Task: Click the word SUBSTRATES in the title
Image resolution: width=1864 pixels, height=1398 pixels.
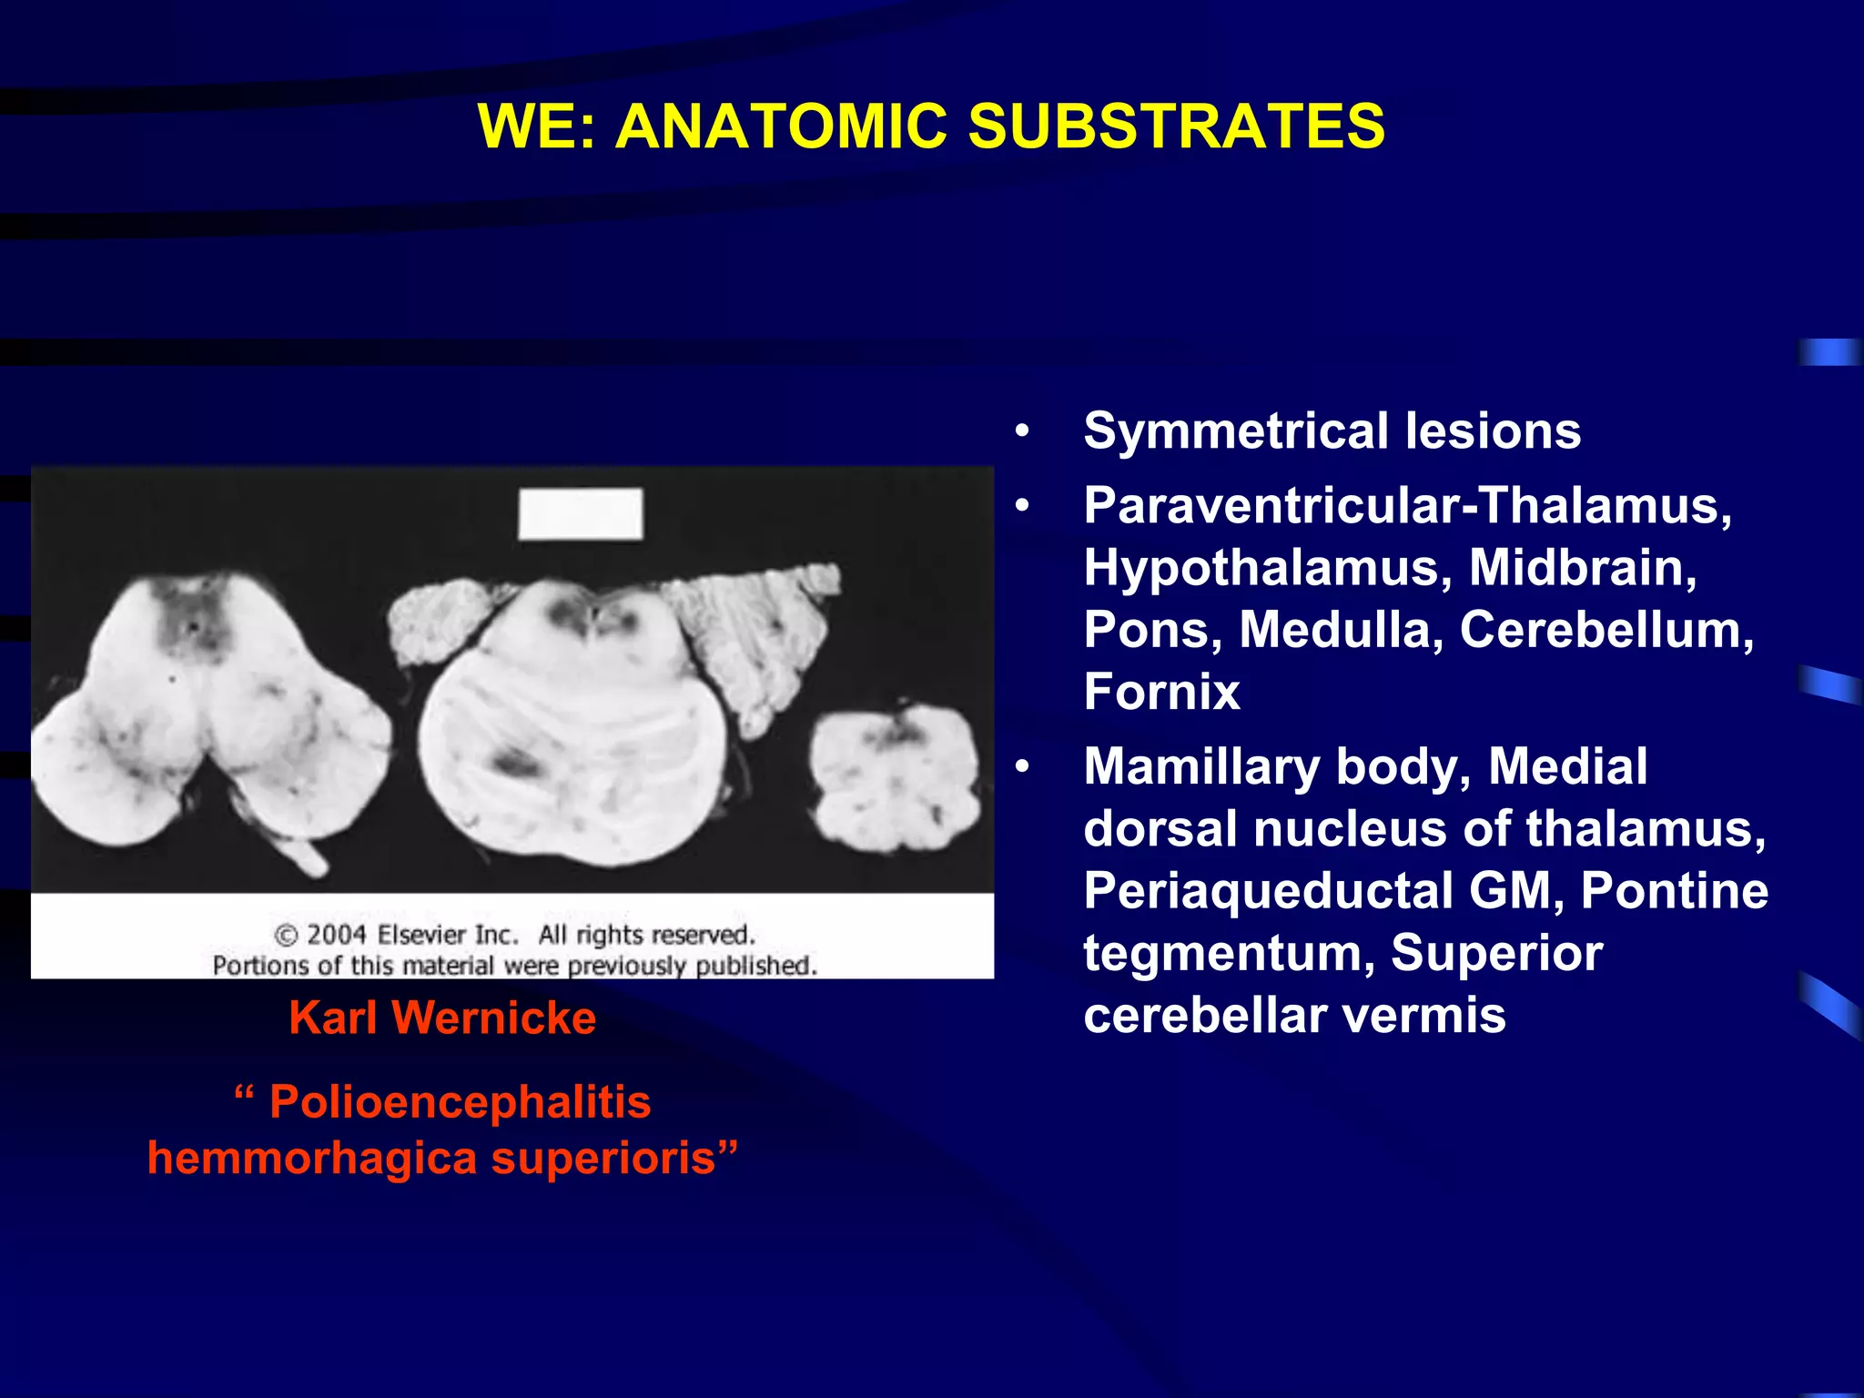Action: coord(1176,126)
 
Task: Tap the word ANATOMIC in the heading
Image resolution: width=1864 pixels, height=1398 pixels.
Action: coord(781,126)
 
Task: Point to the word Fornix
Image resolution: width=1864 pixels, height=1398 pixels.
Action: coord(1161,692)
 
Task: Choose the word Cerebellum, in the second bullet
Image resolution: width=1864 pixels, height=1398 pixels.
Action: coord(1606,630)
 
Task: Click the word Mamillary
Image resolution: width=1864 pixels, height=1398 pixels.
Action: coord(1201,766)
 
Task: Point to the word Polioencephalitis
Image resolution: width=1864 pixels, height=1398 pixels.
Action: coord(461,1102)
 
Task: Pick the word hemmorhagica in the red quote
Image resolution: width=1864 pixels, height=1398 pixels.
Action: coord(312,1159)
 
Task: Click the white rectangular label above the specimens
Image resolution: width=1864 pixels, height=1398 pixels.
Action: coord(581,513)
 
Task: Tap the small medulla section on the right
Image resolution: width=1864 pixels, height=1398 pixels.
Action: coord(895,779)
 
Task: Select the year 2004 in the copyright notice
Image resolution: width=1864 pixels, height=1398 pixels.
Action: coord(336,935)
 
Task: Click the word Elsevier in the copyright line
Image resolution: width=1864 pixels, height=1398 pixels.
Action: coord(447,935)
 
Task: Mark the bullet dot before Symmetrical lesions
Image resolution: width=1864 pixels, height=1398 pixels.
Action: coord(1023,431)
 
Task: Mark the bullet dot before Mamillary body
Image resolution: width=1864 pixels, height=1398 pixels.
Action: coord(1023,767)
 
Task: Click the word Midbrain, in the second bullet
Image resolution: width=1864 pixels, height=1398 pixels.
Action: coord(1583,568)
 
